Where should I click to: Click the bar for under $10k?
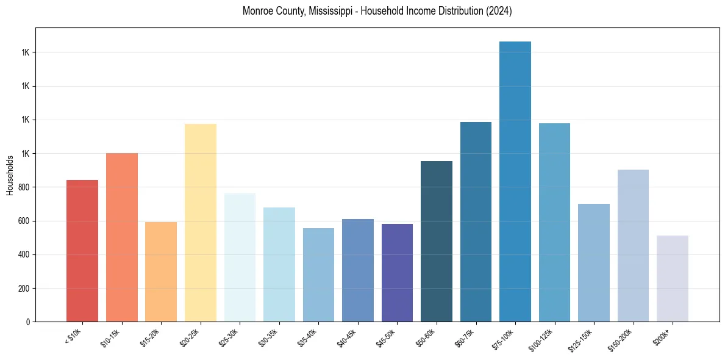pyautogui.click(x=82, y=250)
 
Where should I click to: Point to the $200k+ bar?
pyautogui.click(x=672, y=278)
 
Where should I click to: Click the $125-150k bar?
pyautogui.click(x=593, y=262)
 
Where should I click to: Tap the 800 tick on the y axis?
pyautogui.click(x=24, y=187)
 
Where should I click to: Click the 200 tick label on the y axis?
pyautogui.click(x=24, y=288)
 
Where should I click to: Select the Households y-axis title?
pyautogui.click(x=10, y=175)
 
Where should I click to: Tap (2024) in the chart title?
pyautogui.click(x=499, y=11)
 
